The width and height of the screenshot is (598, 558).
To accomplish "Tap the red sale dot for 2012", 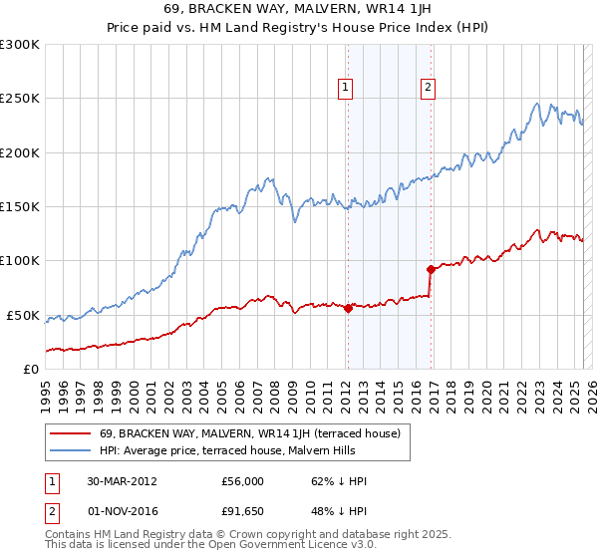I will click(348, 309).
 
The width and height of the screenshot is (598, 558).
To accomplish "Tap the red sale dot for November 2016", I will click(430, 269).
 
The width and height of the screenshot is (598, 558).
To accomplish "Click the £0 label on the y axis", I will click(31, 369).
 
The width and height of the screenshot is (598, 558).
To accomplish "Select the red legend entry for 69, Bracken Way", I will click(249, 433).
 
